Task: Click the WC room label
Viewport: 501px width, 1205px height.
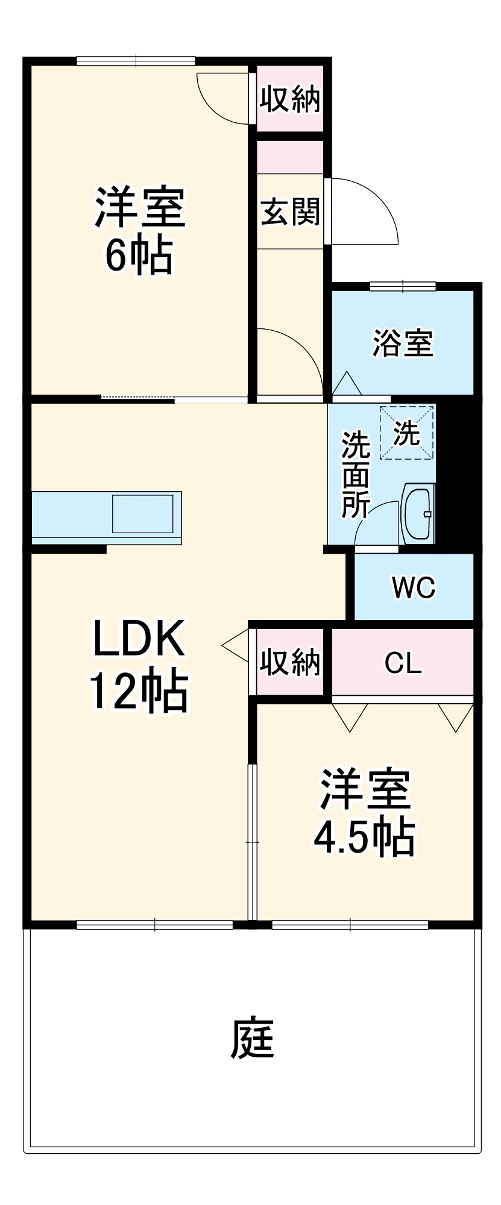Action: [x=414, y=587]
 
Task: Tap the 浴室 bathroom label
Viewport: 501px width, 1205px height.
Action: [x=403, y=343]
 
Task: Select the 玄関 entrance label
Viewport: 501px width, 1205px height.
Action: [x=290, y=212]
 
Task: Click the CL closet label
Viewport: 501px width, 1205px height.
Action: [x=403, y=663]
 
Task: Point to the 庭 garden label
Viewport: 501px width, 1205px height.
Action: [x=253, y=1038]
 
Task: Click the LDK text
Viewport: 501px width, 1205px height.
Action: [x=138, y=639]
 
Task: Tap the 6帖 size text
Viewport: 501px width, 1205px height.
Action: [x=139, y=255]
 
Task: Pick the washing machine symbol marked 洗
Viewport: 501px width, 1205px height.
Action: [x=407, y=433]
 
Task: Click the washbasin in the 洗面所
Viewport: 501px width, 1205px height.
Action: [x=418, y=514]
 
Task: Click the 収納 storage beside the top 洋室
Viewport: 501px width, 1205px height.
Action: [x=290, y=98]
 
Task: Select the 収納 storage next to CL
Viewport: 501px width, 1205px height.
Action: [x=290, y=662]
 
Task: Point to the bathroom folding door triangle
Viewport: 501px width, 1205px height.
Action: [x=346, y=384]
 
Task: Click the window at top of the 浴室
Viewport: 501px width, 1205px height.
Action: [x=403, y=286]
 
